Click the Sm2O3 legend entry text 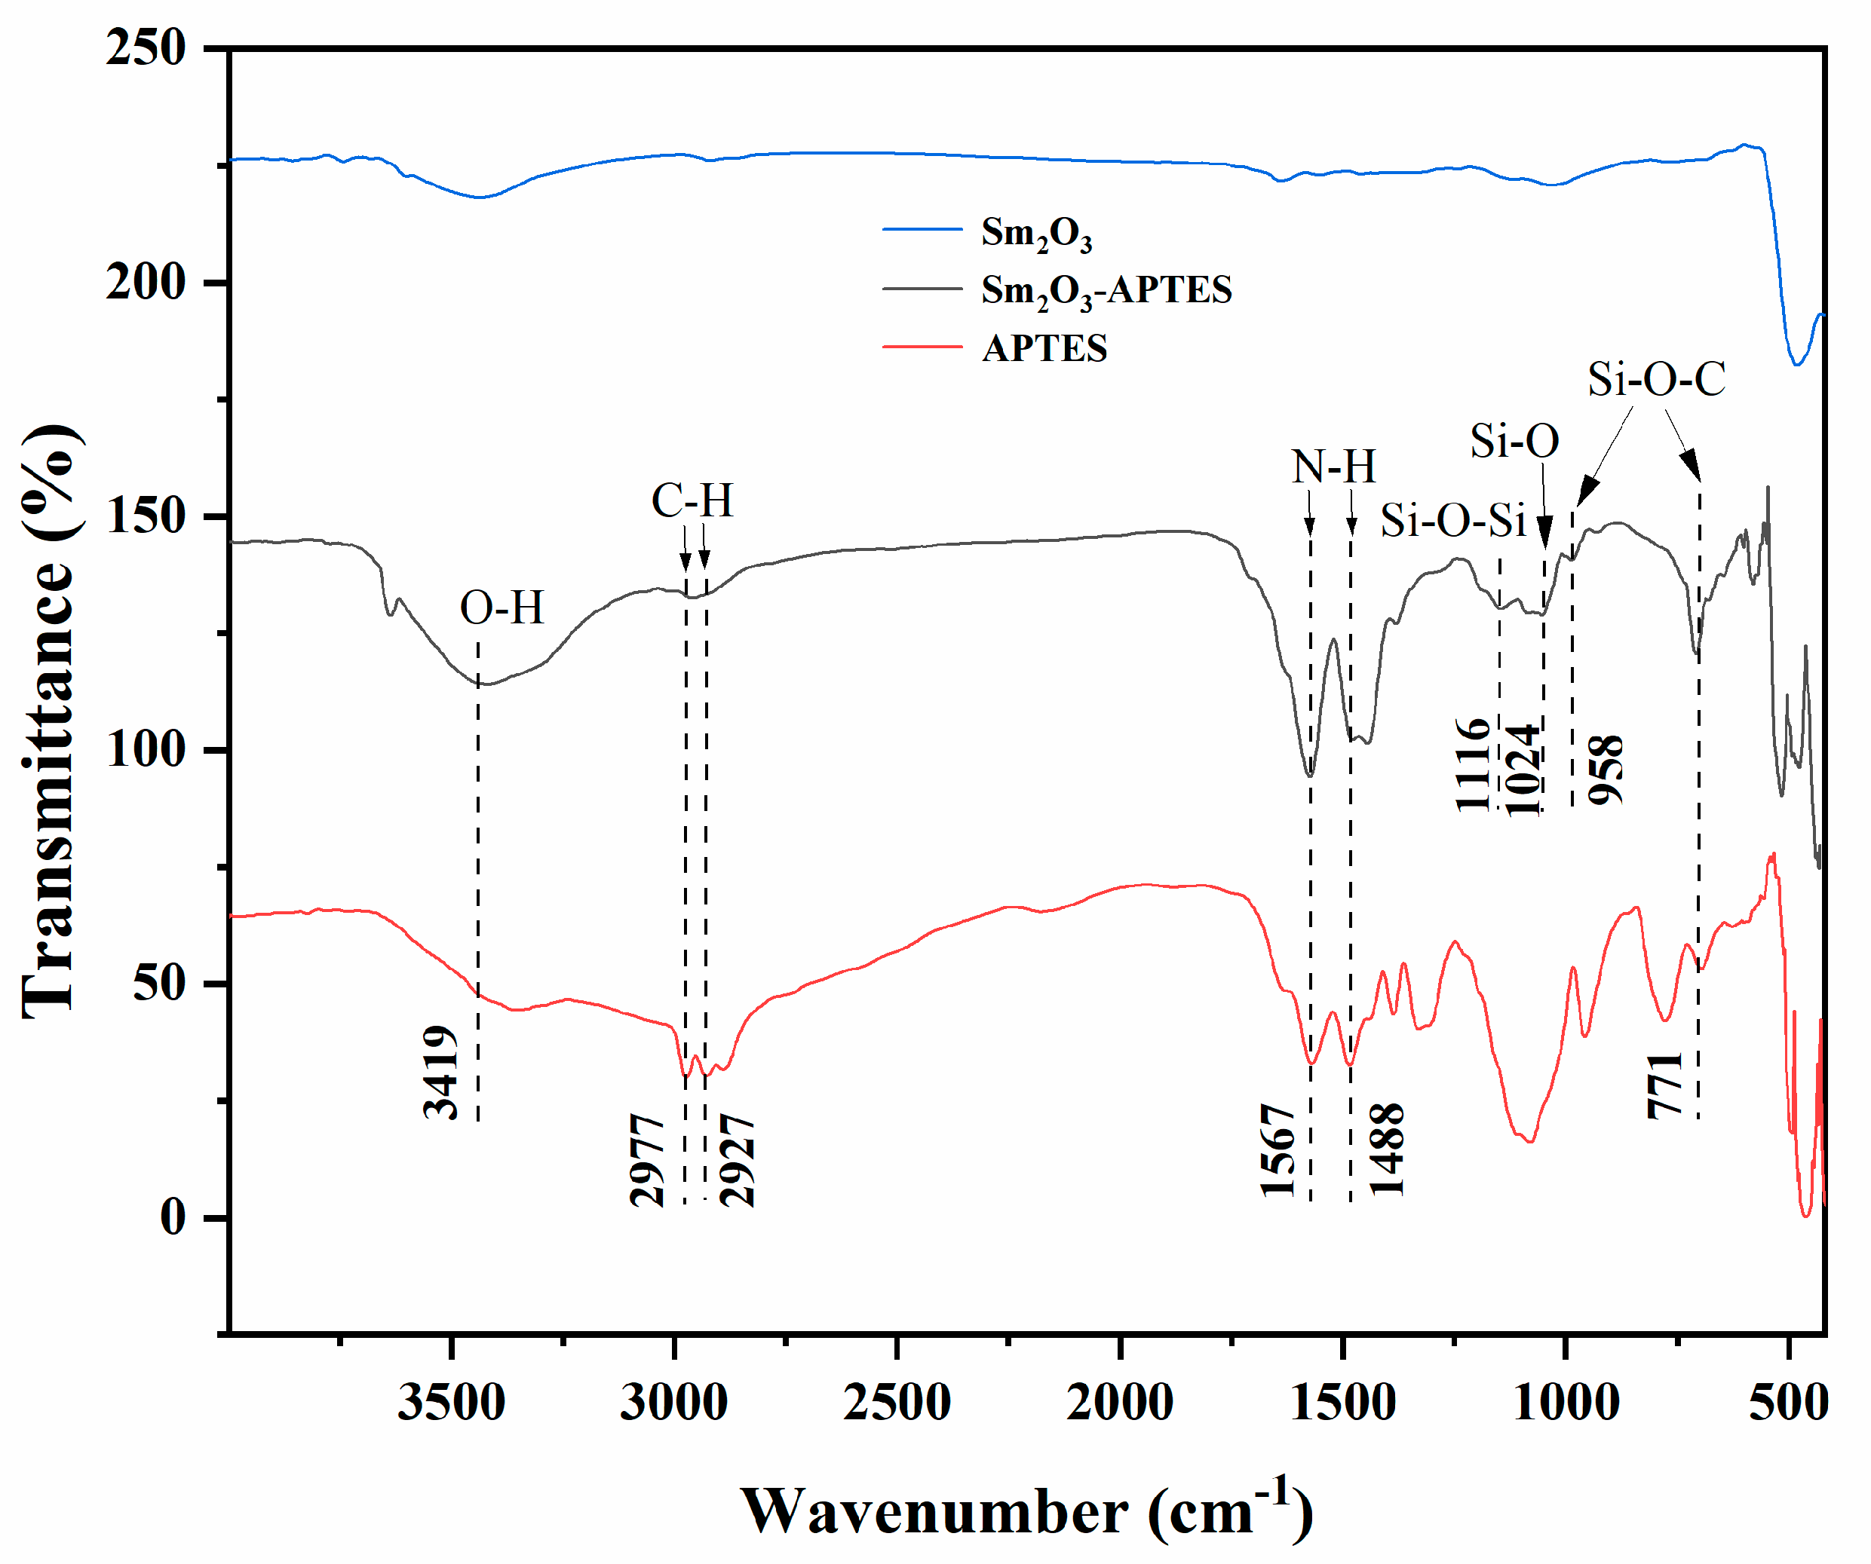(x=1035, y=234)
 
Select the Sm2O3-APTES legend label (x=1106, y=291)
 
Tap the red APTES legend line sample (x=922, y=347)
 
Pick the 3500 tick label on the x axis (x=451, y=1403)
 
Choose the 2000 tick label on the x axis (x=1120, y=1403)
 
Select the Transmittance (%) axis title (x=49, y=721)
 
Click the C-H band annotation (x=692, y=500)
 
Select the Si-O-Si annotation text (x=1453, y=521)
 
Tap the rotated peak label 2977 (x=648, y=1160)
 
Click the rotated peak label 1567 (x=1278, y=1150)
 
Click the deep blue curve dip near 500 (x=1797, y=363)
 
